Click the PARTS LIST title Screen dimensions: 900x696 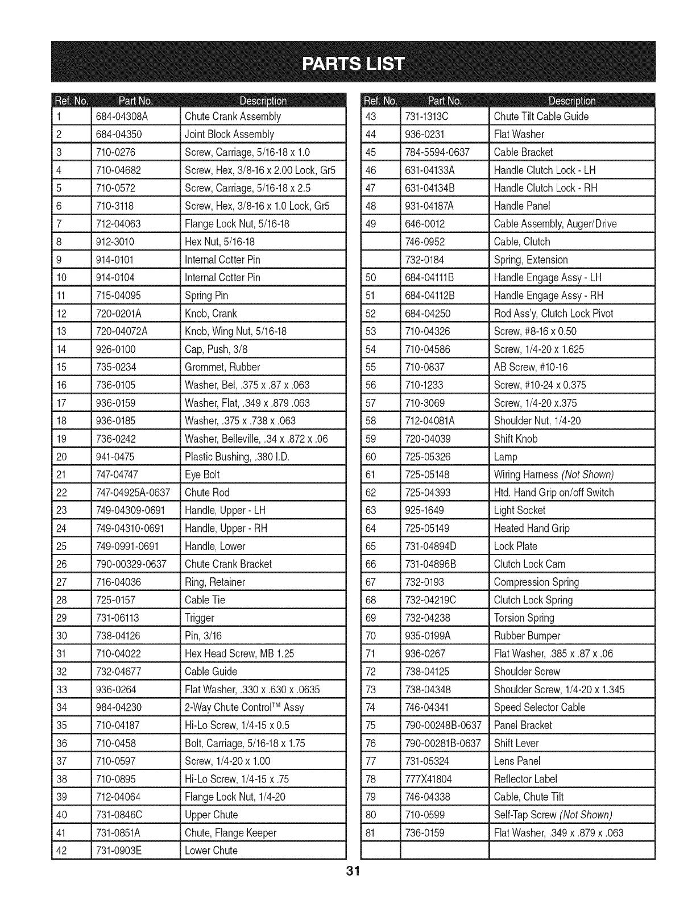point(353,63)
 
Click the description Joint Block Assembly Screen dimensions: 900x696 point(229,135)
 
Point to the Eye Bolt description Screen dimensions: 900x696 point(202,475)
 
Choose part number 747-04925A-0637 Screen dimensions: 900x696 point(133,493)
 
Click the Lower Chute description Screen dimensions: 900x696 point(211,851)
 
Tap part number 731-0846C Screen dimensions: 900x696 point(119,815)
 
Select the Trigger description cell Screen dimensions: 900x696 point(200,618)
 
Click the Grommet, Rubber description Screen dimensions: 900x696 point(222,367)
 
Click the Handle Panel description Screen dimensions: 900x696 point(522,206)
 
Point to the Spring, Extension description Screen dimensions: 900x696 point(531,260)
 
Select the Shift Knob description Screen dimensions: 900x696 point(515,439)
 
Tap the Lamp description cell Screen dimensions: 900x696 point(506,457)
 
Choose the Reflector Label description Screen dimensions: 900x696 point(525,780)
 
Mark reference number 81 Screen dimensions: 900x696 point(371,834)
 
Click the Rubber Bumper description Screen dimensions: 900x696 point(527,636)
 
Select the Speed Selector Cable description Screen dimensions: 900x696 point(539,708)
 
